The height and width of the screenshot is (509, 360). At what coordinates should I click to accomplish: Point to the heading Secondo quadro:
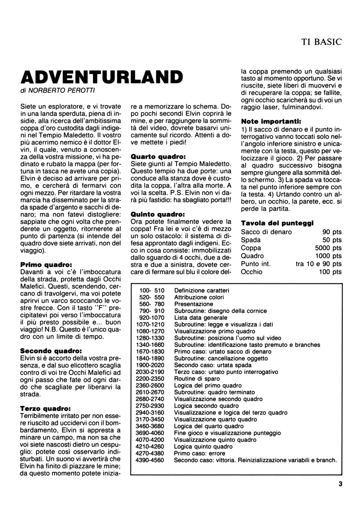tap(51, 351)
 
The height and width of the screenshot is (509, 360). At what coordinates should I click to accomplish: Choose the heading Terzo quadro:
tap(45, 408)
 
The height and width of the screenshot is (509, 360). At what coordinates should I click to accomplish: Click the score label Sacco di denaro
tap(266, 232)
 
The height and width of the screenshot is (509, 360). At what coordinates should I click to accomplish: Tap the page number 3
tap(340, 484)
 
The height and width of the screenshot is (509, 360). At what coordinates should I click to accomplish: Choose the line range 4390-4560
tap(149, 460)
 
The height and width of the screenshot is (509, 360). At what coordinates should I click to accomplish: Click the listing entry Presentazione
tap(194, 304)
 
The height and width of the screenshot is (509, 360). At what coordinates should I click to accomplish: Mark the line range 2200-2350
tap(149, 378)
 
